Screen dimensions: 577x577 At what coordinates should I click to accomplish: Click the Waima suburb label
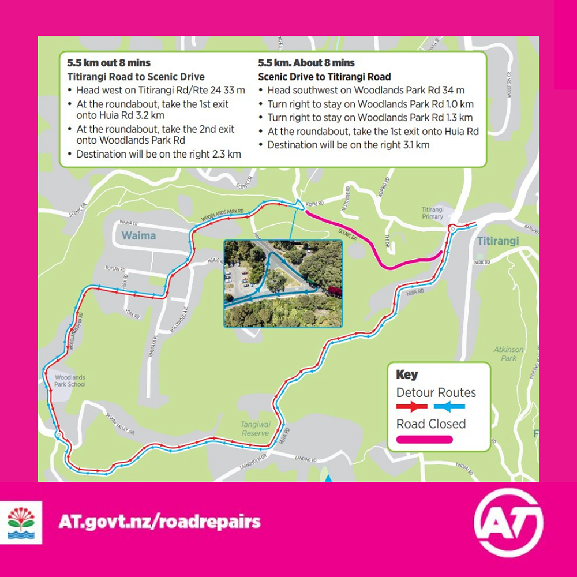pos(138,236)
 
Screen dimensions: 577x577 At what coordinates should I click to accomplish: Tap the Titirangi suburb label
pos(499,241)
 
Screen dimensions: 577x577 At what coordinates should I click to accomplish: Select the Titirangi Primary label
pos(433,213)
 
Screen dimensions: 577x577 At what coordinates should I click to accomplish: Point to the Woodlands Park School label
pos(70,381)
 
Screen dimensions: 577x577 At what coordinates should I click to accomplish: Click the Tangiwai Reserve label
pos(254,428)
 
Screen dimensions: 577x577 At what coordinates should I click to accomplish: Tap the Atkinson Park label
pos(508,353)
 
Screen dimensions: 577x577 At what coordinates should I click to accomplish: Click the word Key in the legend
pos(407,374)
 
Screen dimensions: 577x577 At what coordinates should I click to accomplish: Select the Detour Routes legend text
pos(436,392)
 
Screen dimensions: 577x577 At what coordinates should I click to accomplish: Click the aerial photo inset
pos(283,283)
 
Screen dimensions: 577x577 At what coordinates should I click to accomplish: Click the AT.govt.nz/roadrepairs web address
pos(159,522)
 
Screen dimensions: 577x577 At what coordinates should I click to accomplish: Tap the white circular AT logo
pos(508,522)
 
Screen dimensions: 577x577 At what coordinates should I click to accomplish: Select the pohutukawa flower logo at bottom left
pos(21,522)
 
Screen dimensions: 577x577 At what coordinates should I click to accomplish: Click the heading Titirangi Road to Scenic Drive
pos(136,77)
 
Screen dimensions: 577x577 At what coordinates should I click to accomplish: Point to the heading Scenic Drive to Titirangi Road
pos(324,77)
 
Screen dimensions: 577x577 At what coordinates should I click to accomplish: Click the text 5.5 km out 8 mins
pos(108,63)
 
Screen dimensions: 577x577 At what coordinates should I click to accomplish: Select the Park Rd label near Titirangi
pos(481,263)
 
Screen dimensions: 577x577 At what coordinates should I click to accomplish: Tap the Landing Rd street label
pos(306,460)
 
